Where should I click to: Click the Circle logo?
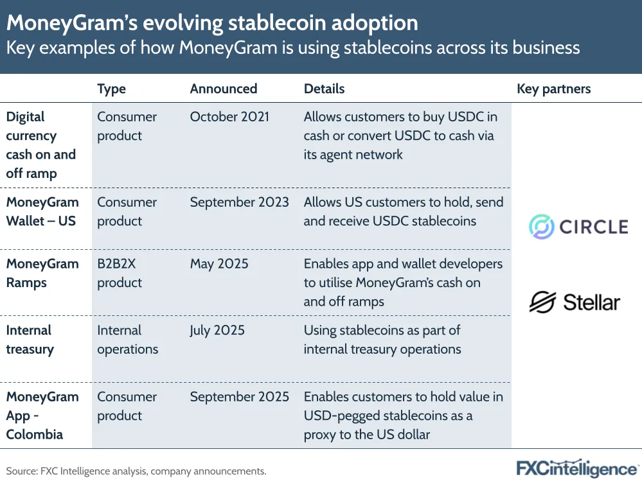click(578, 227)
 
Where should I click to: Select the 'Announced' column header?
click(223, 89)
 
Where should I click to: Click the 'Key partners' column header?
click(553, 89)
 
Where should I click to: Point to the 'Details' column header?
click(324, 89)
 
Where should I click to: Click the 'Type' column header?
click(111, 89)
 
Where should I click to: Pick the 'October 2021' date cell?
click(229, 117)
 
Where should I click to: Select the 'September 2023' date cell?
click(239, 202)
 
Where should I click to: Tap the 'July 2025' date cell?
click(217, 331)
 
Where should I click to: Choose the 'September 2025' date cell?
click(239, 397)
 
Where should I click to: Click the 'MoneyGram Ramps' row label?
click(42, 273)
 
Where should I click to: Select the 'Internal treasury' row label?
click(30, 340)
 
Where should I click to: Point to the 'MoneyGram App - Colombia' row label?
click(42, 415)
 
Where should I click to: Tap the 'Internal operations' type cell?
click(127, 340)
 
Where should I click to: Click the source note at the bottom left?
click(136, 471)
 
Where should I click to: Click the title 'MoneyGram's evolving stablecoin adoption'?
click(212, 23)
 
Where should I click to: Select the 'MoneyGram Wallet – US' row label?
click(42, 211)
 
